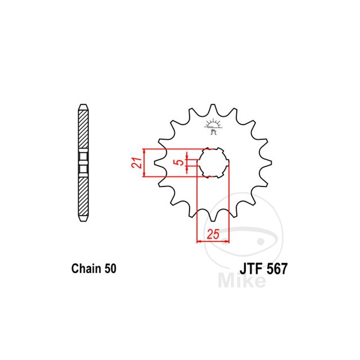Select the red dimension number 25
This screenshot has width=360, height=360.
[x=213, y=234]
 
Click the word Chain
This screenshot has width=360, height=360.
[x=86, y=268]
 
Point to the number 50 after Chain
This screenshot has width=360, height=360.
[x=110, y=268]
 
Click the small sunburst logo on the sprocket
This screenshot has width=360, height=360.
[x=213, y=126]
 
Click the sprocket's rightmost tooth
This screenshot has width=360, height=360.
[x=268, y=163]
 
